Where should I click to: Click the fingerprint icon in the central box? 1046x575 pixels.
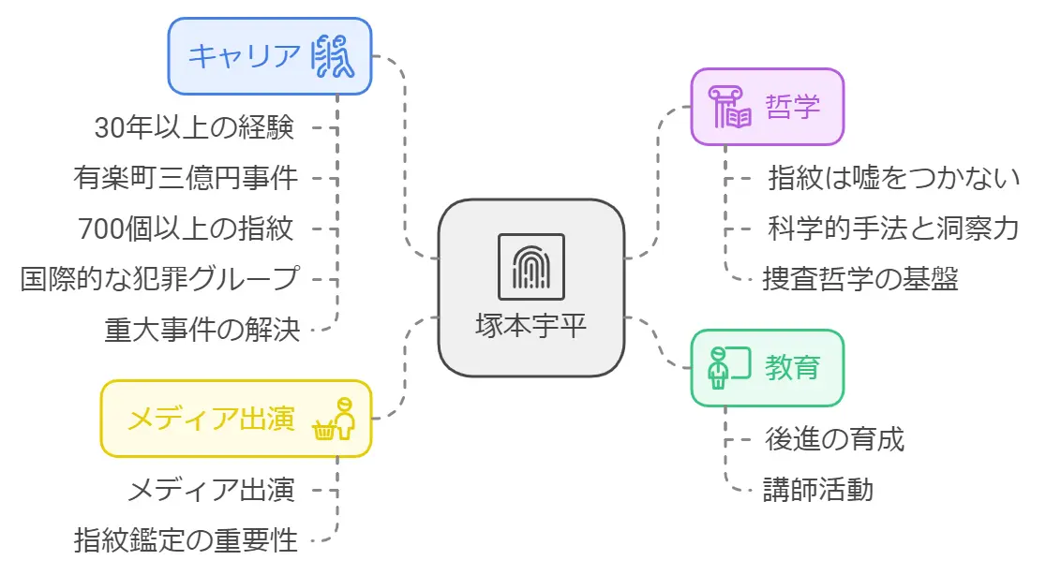coord(530,267)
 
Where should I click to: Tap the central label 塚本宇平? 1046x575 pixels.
coord(531,327)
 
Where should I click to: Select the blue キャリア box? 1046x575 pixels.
coord(270,56)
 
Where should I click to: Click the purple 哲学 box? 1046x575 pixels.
coord(767,106)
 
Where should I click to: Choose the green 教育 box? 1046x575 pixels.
coord(767,367)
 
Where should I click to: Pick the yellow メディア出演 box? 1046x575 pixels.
coord(235,418)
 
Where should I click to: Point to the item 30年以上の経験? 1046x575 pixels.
coord(195,127)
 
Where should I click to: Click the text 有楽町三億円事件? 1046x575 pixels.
coord(186,177)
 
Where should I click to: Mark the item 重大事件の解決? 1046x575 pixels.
coord(202,329)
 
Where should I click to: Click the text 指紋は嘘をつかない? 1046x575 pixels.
coord(892,176)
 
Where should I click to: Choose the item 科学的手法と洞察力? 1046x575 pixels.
coord(892,227)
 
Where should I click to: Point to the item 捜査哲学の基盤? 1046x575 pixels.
coord(859,278)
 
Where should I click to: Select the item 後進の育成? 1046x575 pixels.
coord(834,438)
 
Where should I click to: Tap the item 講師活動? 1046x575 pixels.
coord(817,489)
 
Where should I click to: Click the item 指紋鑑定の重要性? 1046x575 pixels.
coord(186,539)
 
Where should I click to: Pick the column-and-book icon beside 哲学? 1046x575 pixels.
coord(730,107)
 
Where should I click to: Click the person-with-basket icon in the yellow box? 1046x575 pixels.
coord(336,418)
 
